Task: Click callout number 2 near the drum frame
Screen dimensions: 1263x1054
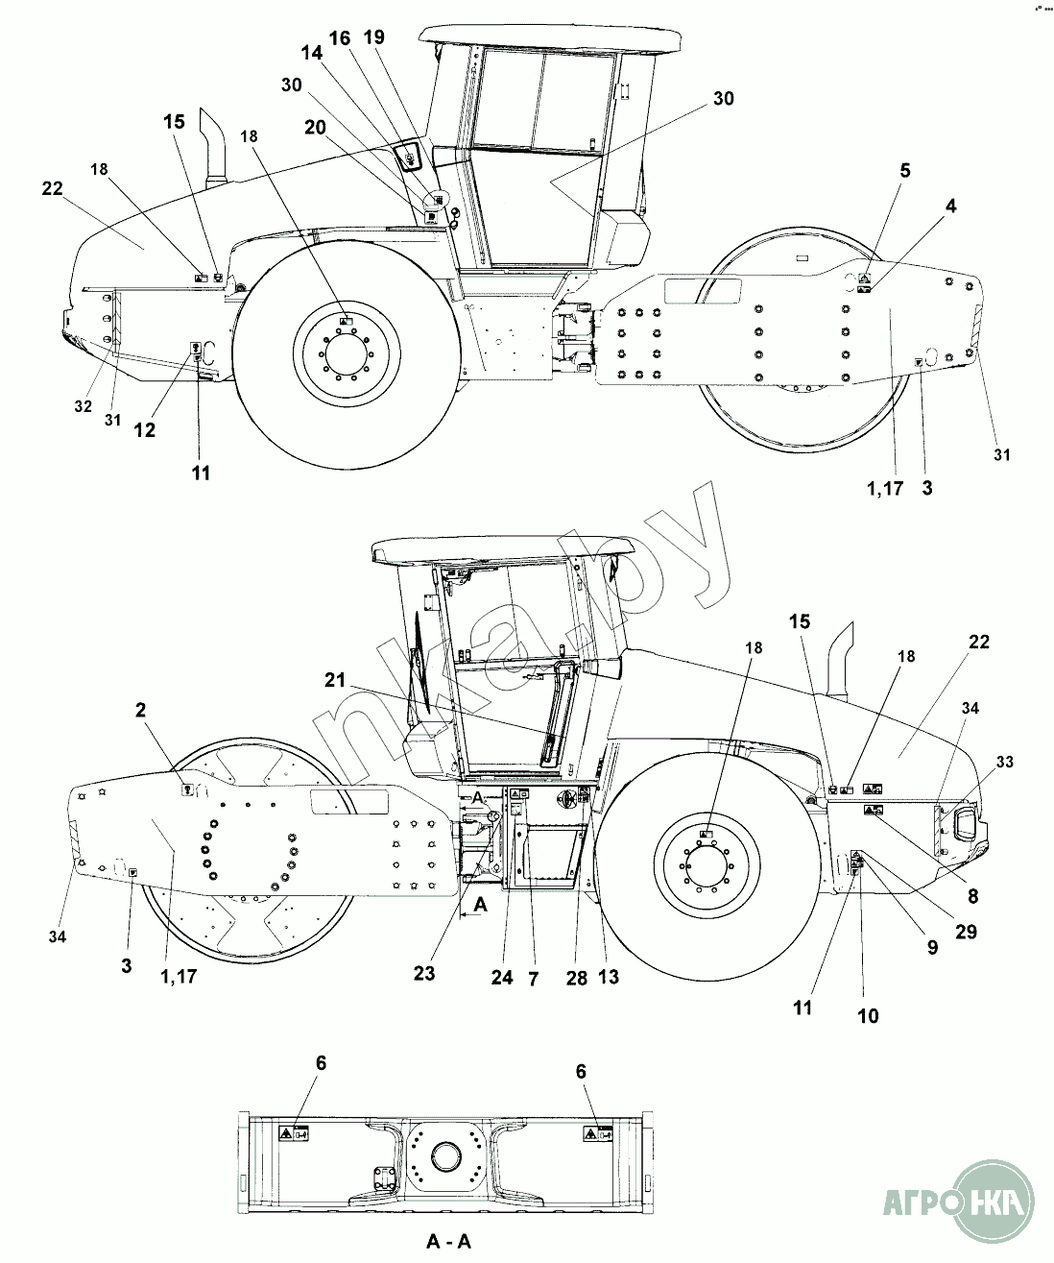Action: point(141,711)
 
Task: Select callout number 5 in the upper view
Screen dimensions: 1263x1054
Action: point(905,171)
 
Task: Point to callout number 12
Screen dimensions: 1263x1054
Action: point(144,431)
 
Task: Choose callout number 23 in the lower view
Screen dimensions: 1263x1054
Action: point(423,973)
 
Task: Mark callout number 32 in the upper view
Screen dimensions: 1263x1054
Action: point(83,406)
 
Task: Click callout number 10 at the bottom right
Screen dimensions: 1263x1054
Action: point(867,1015)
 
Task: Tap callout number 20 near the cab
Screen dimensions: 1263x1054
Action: point(316,126)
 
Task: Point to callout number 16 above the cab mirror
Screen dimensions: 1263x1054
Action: point(340,38)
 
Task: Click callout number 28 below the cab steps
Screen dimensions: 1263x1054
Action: point(576,977)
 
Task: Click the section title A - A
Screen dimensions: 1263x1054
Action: point(449,1241)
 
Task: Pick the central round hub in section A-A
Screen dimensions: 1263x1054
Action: point(447,1155)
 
